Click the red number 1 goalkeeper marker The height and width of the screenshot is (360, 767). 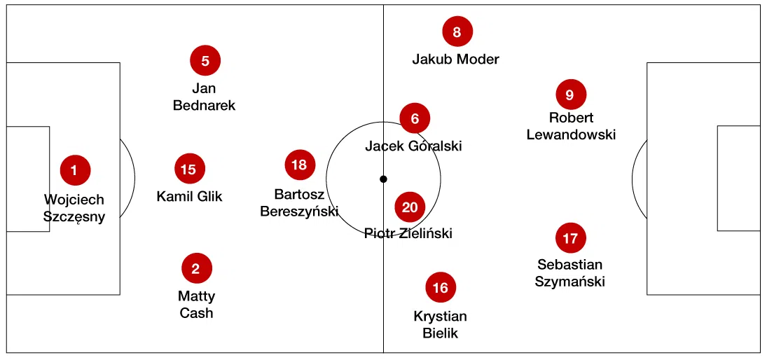[76, 169]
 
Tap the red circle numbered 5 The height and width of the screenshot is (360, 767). [205, 61]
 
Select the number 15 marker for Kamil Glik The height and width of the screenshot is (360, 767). [189, 169]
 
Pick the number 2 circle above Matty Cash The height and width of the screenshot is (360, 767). [196, 268]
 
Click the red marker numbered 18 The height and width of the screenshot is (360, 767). [300, 165]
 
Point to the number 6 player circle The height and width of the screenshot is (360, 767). [415, 119]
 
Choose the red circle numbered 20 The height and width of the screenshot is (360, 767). [410, 207]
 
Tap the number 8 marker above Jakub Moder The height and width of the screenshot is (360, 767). [457, 32]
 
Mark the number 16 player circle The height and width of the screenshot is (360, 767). [441, 288]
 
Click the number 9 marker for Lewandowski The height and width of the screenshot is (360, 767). [570, 95]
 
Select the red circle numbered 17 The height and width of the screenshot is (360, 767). [570, 238]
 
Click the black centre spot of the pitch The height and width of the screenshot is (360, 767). [383, 179]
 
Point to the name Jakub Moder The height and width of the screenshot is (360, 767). [455, 59]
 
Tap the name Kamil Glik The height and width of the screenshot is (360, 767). [189, 196]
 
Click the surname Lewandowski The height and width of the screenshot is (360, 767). [571, 134]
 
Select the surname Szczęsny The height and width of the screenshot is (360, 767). [74, 216]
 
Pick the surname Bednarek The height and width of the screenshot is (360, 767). [205, 106]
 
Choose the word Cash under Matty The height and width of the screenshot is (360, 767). [196, 312]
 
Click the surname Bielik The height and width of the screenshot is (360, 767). [441, 333]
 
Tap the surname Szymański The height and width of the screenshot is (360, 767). [571, 282]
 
